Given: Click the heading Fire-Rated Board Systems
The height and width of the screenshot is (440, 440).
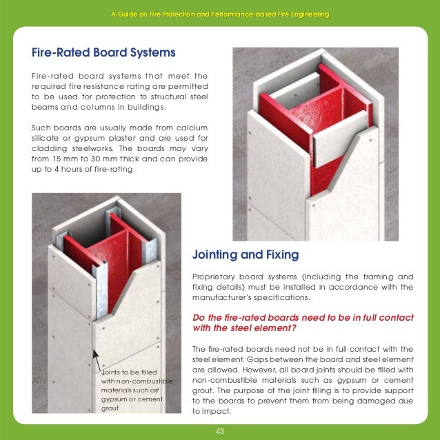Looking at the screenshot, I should coord(103,52).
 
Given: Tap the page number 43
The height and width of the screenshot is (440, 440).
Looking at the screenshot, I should coord(220,431).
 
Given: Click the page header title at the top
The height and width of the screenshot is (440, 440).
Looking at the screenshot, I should coord(220,14).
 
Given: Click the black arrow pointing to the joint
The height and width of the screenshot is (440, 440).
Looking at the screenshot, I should coord(97,359).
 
